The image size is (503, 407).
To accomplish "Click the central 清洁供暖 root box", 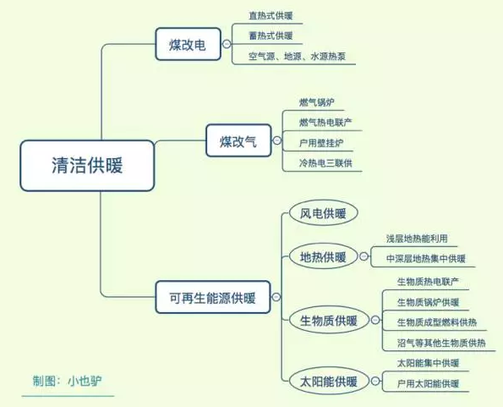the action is tap(87, 166).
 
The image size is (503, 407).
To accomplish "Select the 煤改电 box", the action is tap(189, 44).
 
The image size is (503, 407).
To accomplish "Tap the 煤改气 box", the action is tap(238, 140).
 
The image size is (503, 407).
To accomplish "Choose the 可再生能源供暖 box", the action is tap(213, 297).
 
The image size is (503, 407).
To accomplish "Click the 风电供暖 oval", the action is tap(323, 213).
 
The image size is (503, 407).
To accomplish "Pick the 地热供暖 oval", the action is tap(323, 256).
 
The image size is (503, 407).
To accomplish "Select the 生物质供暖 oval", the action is tap(329, 320).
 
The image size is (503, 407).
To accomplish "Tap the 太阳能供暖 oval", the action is tap(329, 382).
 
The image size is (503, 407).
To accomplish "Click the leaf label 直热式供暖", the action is tap(271, 15).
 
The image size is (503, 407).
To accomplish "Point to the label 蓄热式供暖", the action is tap(271, 36).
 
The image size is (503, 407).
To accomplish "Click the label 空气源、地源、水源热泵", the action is tap(297, 57).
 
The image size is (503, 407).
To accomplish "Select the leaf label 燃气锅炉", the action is tap(317, 102).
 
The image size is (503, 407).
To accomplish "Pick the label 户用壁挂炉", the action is tap(321, 143).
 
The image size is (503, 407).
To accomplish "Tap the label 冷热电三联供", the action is tap(325, 163).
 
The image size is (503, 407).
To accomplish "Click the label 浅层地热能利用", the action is tap(417, 238).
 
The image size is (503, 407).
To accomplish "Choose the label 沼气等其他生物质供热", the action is tap(441, 343).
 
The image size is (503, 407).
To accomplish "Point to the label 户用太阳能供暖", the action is tap(428, 383).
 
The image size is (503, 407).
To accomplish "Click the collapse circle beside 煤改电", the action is tap(227, 44).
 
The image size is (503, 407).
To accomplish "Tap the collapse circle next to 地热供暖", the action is tap(364, 256).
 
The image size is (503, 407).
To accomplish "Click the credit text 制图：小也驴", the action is tap(67, 381).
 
